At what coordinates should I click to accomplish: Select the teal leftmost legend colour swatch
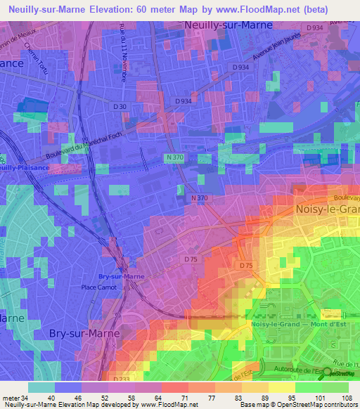[x=41, y=387]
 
